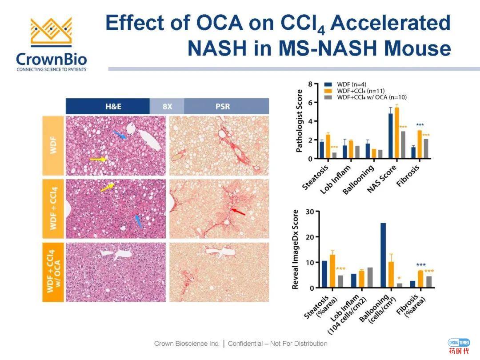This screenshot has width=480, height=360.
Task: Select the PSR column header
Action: pyautogui.click(x=226, y=107)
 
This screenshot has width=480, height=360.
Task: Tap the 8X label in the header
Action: pyautogui.click(x=167, y=107)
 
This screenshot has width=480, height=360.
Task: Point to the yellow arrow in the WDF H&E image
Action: pyautogui.click(x=98, y=159)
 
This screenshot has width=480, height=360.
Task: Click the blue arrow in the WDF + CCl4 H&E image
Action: pyautogui.click(x=138, y=221)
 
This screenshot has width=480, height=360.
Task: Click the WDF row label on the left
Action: pyautogui.click(x=53, y=146)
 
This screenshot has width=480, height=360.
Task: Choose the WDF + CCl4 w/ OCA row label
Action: pyautogui.click(x=53, y=272)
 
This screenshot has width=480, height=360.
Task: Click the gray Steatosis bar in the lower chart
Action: pyautogui.click(x=340, y=281)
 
